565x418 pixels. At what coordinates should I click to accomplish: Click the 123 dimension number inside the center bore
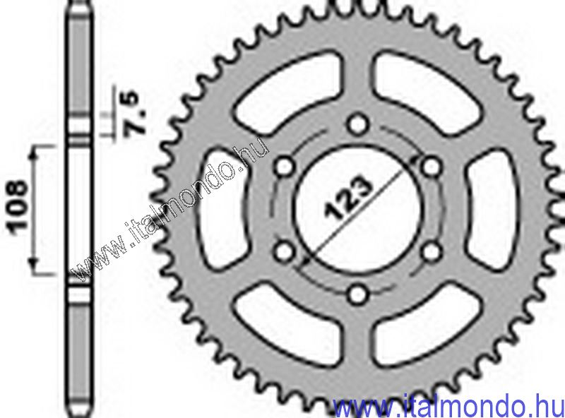coord(348,198)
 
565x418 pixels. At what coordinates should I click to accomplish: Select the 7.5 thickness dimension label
coord(130,114)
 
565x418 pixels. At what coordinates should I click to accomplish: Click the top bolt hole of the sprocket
coord(358,125)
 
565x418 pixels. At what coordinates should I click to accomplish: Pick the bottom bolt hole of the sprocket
coord(358,294)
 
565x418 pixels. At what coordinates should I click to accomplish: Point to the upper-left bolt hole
coord(285,167)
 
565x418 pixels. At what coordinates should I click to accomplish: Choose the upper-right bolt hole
coord(432,167)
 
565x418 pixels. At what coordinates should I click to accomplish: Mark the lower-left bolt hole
coord(285,251)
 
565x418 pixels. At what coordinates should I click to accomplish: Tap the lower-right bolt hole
coord(432,251)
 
